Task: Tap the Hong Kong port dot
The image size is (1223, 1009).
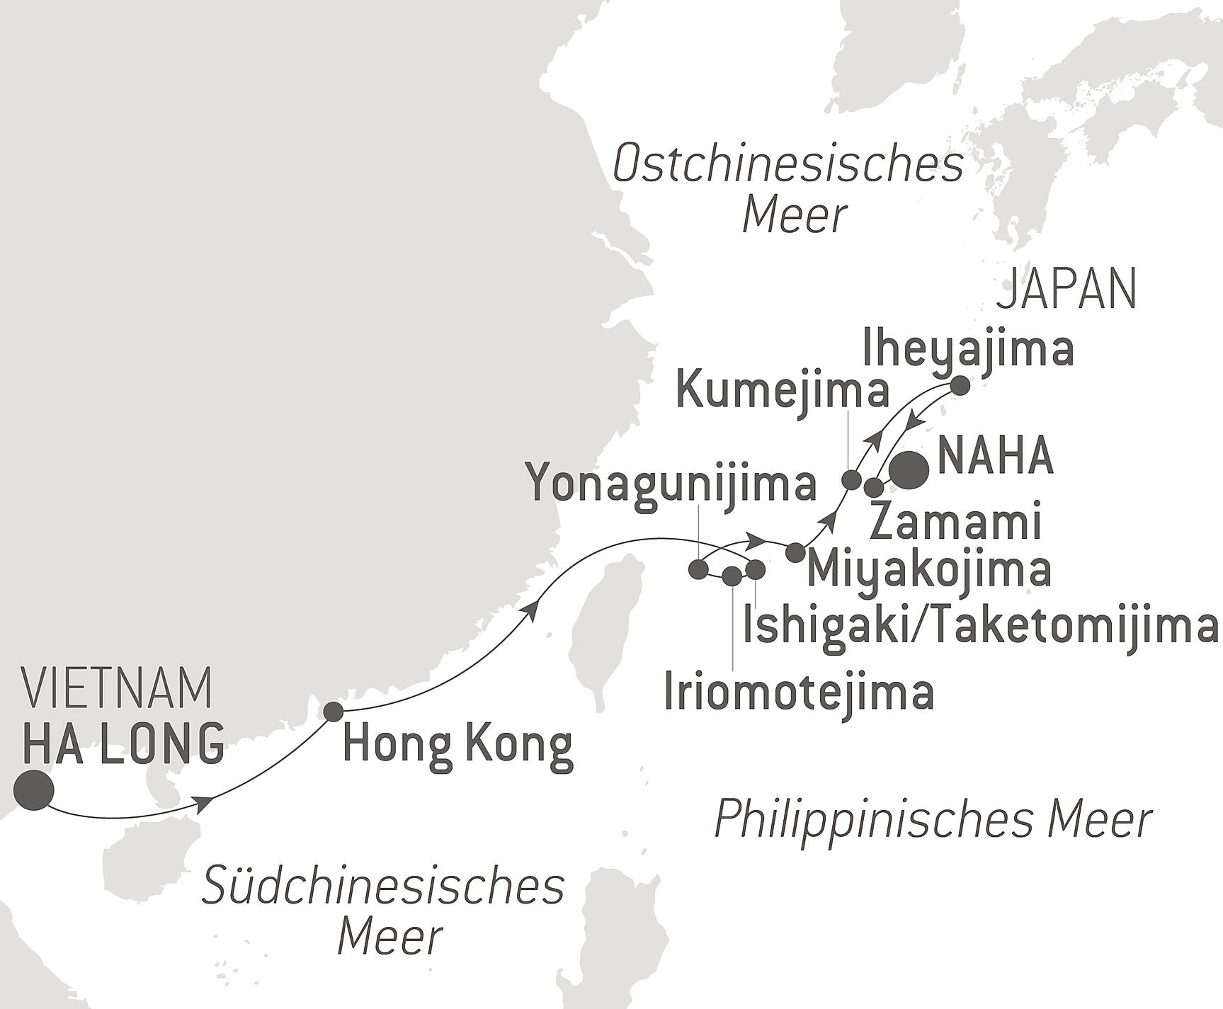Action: pyautogui.click(x=333, y=711)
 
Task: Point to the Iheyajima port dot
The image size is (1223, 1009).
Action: pyautogui.click(x=960, y=387)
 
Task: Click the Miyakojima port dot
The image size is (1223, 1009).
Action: pyautogui.click(x=795, y=552)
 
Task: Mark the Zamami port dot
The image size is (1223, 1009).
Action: pyautogui.click(x=875, y=487)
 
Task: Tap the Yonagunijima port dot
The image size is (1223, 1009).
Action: pyautogui.click(x=698, y=569)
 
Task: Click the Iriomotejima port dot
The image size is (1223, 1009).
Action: pyautogui.click(x=732, y=576)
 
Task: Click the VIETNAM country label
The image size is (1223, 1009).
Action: pyautogui.click(x=118, y=688)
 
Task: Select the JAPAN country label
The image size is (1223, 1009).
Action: pyautogui.click(x=1066, y=290)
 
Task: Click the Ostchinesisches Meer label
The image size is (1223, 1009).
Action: pyautogui.click(x=787, y=189)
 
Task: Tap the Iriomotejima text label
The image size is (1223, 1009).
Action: pyautogui.click(x=799, y=693)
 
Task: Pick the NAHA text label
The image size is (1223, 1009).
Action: pyautogui.click(x=995, y=457)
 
